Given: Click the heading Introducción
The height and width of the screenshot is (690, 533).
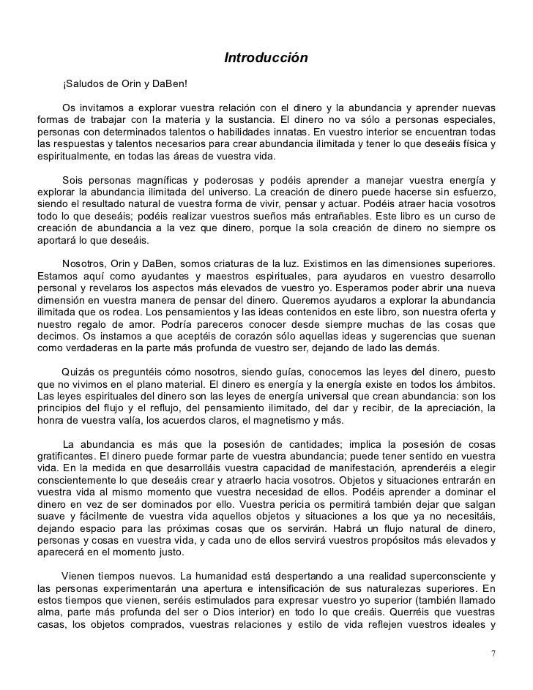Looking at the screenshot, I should coord(266,58).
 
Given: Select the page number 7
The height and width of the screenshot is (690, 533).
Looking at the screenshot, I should coord(493,653).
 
